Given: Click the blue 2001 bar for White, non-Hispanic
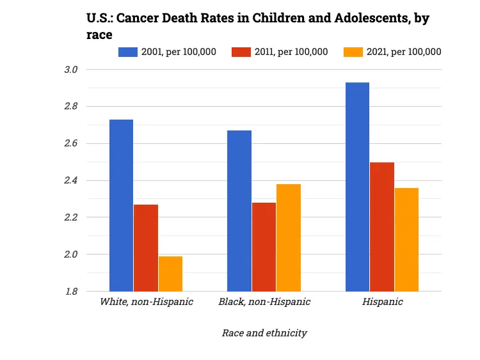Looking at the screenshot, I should point(121,205).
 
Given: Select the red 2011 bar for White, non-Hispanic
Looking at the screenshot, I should point(146,248).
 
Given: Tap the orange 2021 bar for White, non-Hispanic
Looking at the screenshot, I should point(170,274).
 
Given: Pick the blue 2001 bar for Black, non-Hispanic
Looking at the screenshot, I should point(239,211).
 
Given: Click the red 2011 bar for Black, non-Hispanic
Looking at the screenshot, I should point(264,247).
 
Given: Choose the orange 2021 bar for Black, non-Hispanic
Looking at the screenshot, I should point(289,238).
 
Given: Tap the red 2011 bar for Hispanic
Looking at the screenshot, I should point(382,227).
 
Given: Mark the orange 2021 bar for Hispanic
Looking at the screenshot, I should point(406,240).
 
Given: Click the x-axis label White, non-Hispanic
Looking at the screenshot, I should point(147,302).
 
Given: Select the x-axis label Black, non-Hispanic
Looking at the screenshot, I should point(264,302).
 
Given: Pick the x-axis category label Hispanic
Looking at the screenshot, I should point(382,302).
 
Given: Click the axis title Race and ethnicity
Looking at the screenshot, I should point(264,333).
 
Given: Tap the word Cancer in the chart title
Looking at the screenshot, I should point(140,19).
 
